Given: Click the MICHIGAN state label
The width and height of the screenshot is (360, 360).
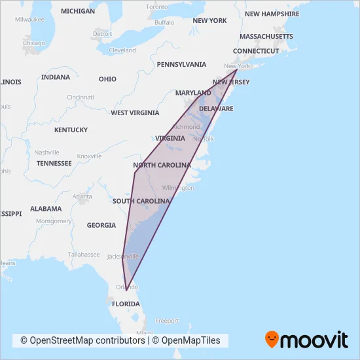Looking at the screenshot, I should [77, 11].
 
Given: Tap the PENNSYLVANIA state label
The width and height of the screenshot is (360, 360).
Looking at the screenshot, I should [181, 64].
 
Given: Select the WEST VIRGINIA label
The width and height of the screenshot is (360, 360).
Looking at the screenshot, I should [135, 113].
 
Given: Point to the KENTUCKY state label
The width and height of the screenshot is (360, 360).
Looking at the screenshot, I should [71, 130].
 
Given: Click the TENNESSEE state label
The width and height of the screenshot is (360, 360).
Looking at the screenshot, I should [54, 163].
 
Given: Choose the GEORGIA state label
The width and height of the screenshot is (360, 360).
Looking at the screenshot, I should [101, 225].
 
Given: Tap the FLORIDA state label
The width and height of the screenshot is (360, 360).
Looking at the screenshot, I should [125, 304].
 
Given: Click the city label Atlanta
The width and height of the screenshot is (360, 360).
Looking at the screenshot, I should [82, 196].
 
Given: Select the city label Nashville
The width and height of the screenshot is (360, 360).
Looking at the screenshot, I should [46, 152].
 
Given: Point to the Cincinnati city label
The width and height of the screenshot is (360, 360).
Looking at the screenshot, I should [80, 97].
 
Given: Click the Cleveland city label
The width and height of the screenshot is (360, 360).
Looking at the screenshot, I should [122, 50].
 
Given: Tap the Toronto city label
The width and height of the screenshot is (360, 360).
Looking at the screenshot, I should [157, 7].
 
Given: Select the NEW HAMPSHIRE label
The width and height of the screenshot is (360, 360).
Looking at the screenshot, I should [270, 14].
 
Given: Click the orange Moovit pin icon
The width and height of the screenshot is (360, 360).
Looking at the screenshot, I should [272, 339].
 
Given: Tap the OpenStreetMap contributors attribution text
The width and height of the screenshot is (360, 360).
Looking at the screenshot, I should [82, 340].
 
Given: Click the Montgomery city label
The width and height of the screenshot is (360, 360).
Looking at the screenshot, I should [54, 221].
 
